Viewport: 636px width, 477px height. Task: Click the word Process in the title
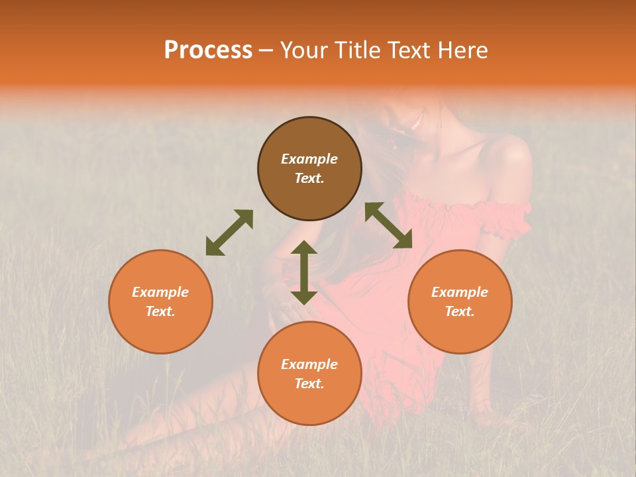click(x=208, y=50)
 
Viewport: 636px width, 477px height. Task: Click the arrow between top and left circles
click(x=229, y=233)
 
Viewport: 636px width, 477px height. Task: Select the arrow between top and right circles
click(x=389, y=225)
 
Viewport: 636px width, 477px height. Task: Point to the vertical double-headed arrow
click(x=304, y=272)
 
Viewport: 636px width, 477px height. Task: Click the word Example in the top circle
click(x=309, y=159)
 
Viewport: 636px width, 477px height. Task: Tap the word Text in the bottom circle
click(x=309, y=384)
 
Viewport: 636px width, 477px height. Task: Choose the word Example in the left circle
click(x=160, y=292)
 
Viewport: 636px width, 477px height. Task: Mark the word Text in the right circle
click(x=460, y=311)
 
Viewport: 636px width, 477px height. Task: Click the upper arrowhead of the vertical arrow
click(x=304, y=249)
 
